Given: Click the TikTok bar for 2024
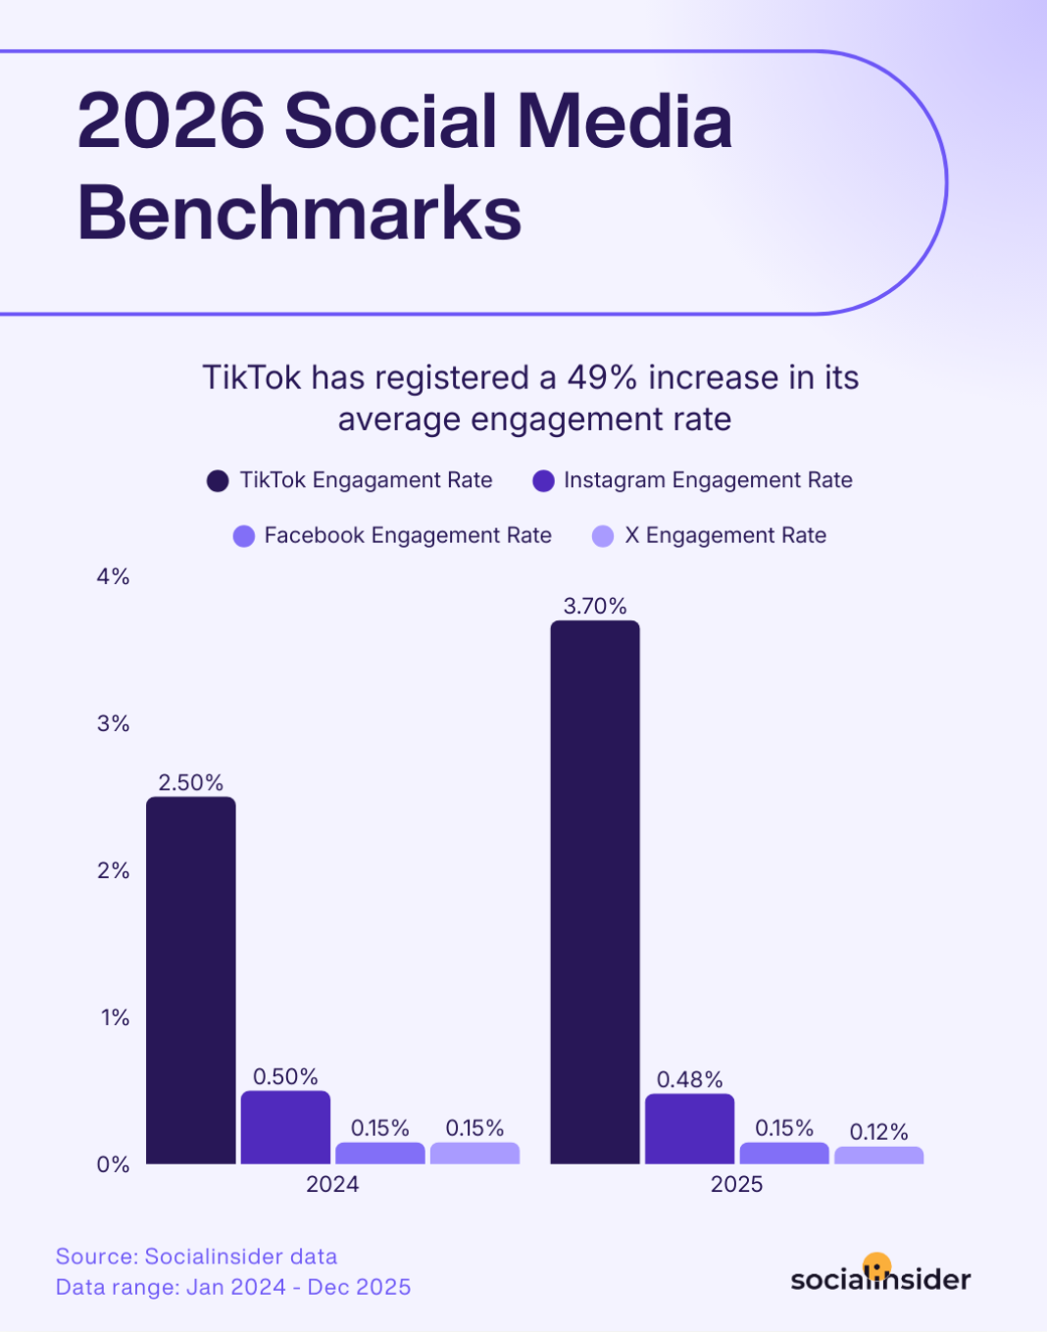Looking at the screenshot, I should [x=191, y=980].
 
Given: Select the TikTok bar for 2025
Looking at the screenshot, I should [x=595, y=892].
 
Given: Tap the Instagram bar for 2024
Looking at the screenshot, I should [x=285, y=1127].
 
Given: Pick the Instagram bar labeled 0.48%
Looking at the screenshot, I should [x=689, y=1129].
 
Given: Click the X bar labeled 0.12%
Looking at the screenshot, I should [x=878, y=1156].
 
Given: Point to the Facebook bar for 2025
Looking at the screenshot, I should [x=784, y=1154].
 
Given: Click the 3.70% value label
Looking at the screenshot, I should [x=595, y=606].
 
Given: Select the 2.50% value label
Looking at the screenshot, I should [x=191, y=782].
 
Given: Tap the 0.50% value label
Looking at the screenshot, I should [x=285, y=1076].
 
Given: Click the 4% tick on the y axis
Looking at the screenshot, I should [x=113, y=576].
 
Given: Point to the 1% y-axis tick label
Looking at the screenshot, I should [x=115, y=1017].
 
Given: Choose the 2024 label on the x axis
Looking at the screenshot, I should [x=332, y=1184].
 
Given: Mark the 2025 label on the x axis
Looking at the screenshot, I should [x=736, y=1184].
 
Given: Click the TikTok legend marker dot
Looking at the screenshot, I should [x=218, y=480].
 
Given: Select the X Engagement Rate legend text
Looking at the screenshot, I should [x=725, y=535].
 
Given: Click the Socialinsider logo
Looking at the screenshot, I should [x=880, y=1277].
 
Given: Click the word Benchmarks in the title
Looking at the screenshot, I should [x=299, y=213].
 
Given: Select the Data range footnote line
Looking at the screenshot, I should [x=233, y=1287].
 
